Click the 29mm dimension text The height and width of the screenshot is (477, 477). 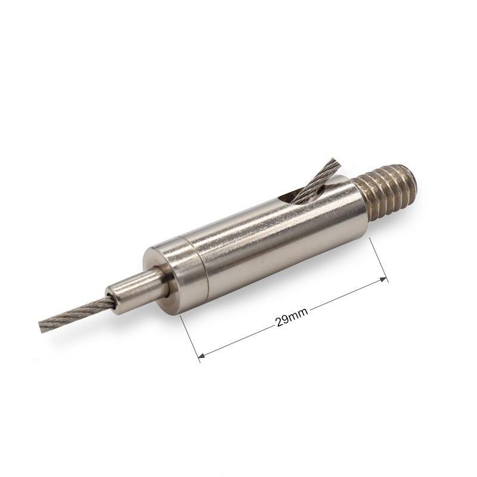pyautogui.click(x=292, y=317)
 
